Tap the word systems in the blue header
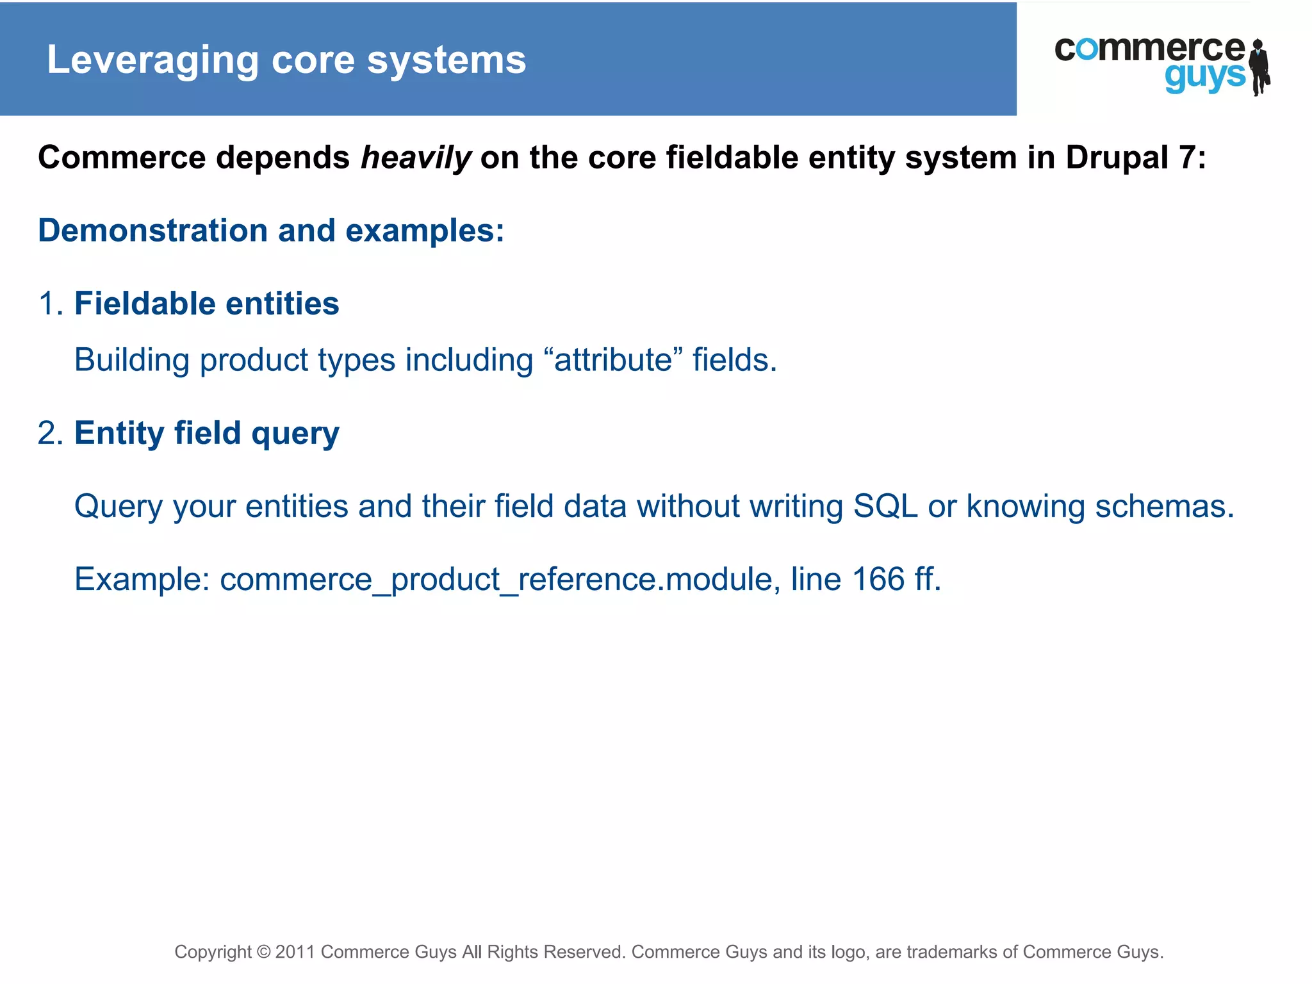pyautogui.click(x=447, y=61)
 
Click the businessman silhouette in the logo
pyautogui.click(x=1260, y=67)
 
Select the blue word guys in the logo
pyautogui.click(x=1204, y=77)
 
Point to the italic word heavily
pyautogui.click(x=416, y=158)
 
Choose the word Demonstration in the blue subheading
pyautogui.click(x=152, y=231)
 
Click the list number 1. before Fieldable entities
pyautogui.click(x=51, y=304)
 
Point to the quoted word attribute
pyautogui.click(x=613, y=360)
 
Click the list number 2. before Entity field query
pyautogui.click(x=51, y=433)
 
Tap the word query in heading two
pyautogui.click(x=295, y=434)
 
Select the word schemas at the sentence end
pyautogui.click(x=1164, y=506)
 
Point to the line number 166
pyautogui.click(x=878, y=579)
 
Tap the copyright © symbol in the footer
pyautogui.click(x=263, y=952)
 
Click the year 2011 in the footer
pyautogui.click(x=295, y=952)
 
